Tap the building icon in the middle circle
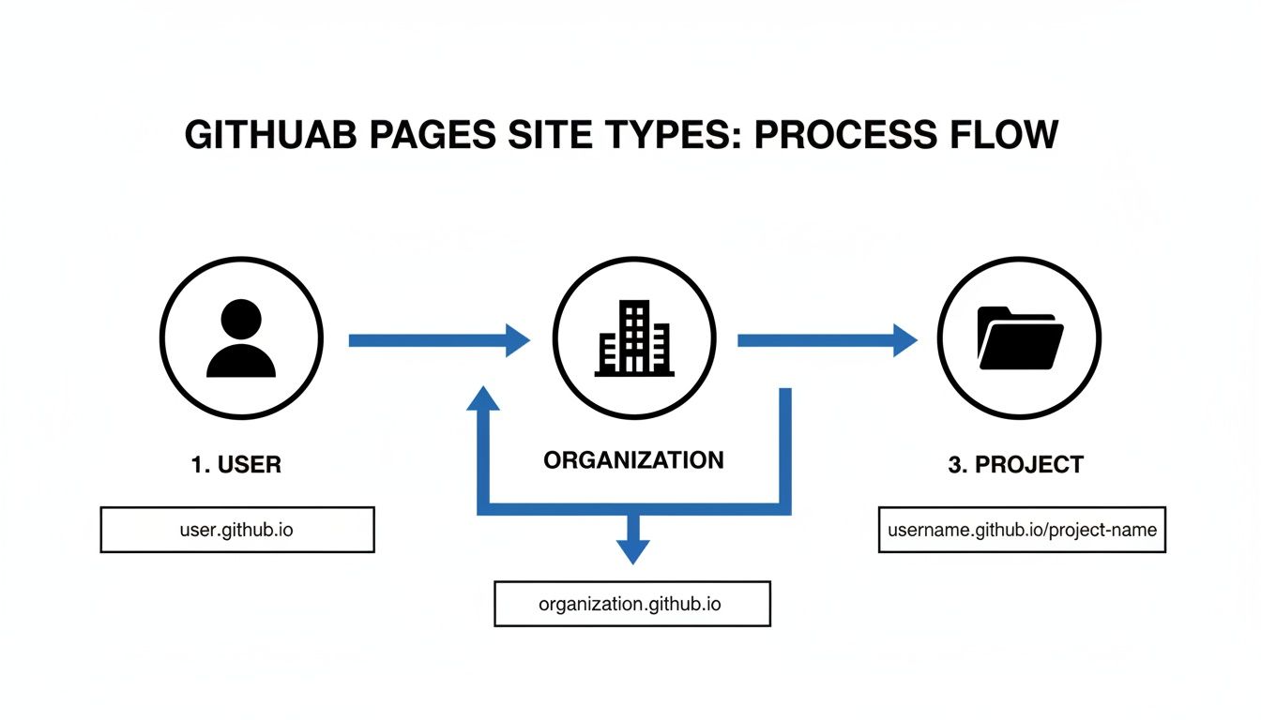tap(634, 338)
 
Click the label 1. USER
tap(236, 464)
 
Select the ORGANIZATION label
tap(633, 460)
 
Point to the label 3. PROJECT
tap(1015, 464)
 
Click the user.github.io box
tap(236, 530)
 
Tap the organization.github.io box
tap(630, 604)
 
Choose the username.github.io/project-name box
tap(1022, 530)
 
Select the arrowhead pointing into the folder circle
tap(904, 340)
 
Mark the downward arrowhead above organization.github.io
tap(633, 550)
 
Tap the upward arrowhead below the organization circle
tap(483, 398)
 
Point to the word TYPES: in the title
tap(671, 134)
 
